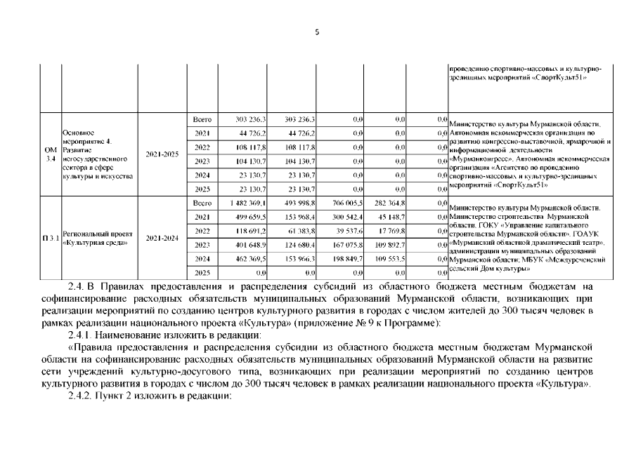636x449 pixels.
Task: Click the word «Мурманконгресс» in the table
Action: point(479,159)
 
